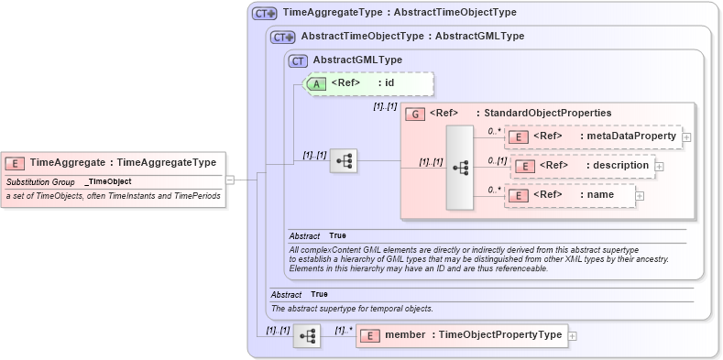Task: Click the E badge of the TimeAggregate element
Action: coord(16,162)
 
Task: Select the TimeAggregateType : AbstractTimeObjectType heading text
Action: coord(400,13)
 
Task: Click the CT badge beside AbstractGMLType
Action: coord(298,60)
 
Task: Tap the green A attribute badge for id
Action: coord(316,82)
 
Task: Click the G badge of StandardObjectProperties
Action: coord(415,113)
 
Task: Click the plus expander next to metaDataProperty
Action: coord(686,136)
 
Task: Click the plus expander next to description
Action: coord(659,166)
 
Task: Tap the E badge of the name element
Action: coord(518,195)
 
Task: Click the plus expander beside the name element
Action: coord(640,195)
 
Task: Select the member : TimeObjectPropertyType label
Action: coord(473,335)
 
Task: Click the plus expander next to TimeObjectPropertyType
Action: coord(573,335)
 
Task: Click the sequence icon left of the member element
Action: coord(307,336)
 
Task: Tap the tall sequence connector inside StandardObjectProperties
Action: coord(460,167)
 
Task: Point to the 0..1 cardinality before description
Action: coord(497,160)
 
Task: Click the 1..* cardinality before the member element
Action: coord(345,330)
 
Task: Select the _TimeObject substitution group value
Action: coord(108,181)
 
